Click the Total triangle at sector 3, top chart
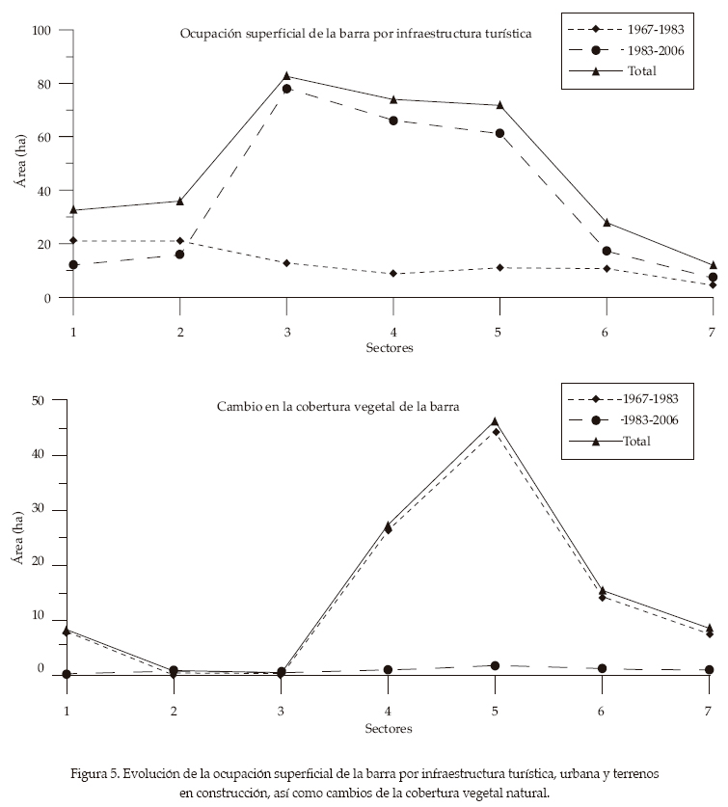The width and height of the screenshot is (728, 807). [286, 75]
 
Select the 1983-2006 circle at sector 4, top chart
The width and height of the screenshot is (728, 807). [393, 121]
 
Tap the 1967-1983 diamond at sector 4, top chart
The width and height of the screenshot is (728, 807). [393, 274]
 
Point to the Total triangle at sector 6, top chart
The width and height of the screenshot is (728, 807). [607, 223]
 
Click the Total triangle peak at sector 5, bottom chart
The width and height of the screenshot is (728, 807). [495, 421]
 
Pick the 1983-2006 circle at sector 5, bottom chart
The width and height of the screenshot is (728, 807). [495, 666]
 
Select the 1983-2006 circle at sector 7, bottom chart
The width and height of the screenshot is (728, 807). [710, 669]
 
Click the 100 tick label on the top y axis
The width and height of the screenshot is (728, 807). [41, 31]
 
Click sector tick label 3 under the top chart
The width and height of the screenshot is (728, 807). [286, 331]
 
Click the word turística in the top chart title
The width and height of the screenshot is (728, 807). [501, 33]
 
